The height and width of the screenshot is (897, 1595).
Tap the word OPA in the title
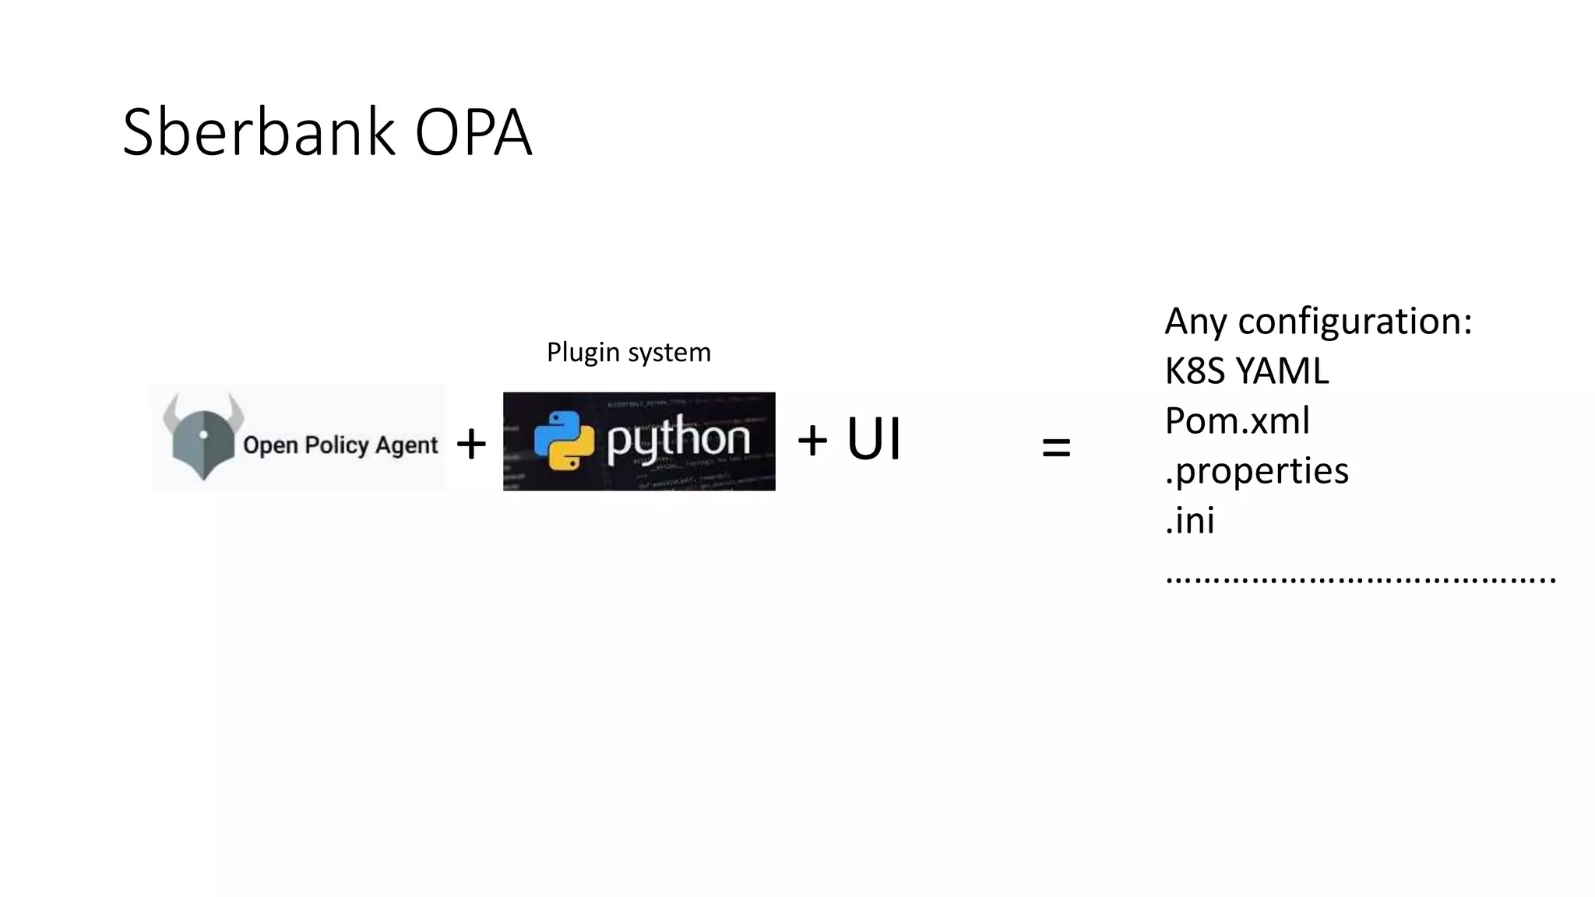(473, 132)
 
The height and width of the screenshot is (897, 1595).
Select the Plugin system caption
(628, 353)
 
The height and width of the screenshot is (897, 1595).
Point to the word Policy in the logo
(336, 445)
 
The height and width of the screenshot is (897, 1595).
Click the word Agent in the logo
(407, 446)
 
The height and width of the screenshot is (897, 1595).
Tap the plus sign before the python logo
(471, 444)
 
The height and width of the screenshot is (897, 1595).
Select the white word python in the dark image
(678, 440)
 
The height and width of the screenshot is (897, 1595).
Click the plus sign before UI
(812, 440)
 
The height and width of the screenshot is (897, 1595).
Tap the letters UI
(873, 439)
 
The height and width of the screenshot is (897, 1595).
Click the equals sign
(1056, 448)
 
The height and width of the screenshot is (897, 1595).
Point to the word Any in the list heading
(1196, 322)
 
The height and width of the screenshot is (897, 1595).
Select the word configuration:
(1355, 322)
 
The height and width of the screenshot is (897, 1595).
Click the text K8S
(1195, 371)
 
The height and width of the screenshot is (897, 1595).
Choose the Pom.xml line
(1237, 421)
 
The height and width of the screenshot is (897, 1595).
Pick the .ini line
(1189, 521)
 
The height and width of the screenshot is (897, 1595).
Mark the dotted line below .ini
(1360, 579)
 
